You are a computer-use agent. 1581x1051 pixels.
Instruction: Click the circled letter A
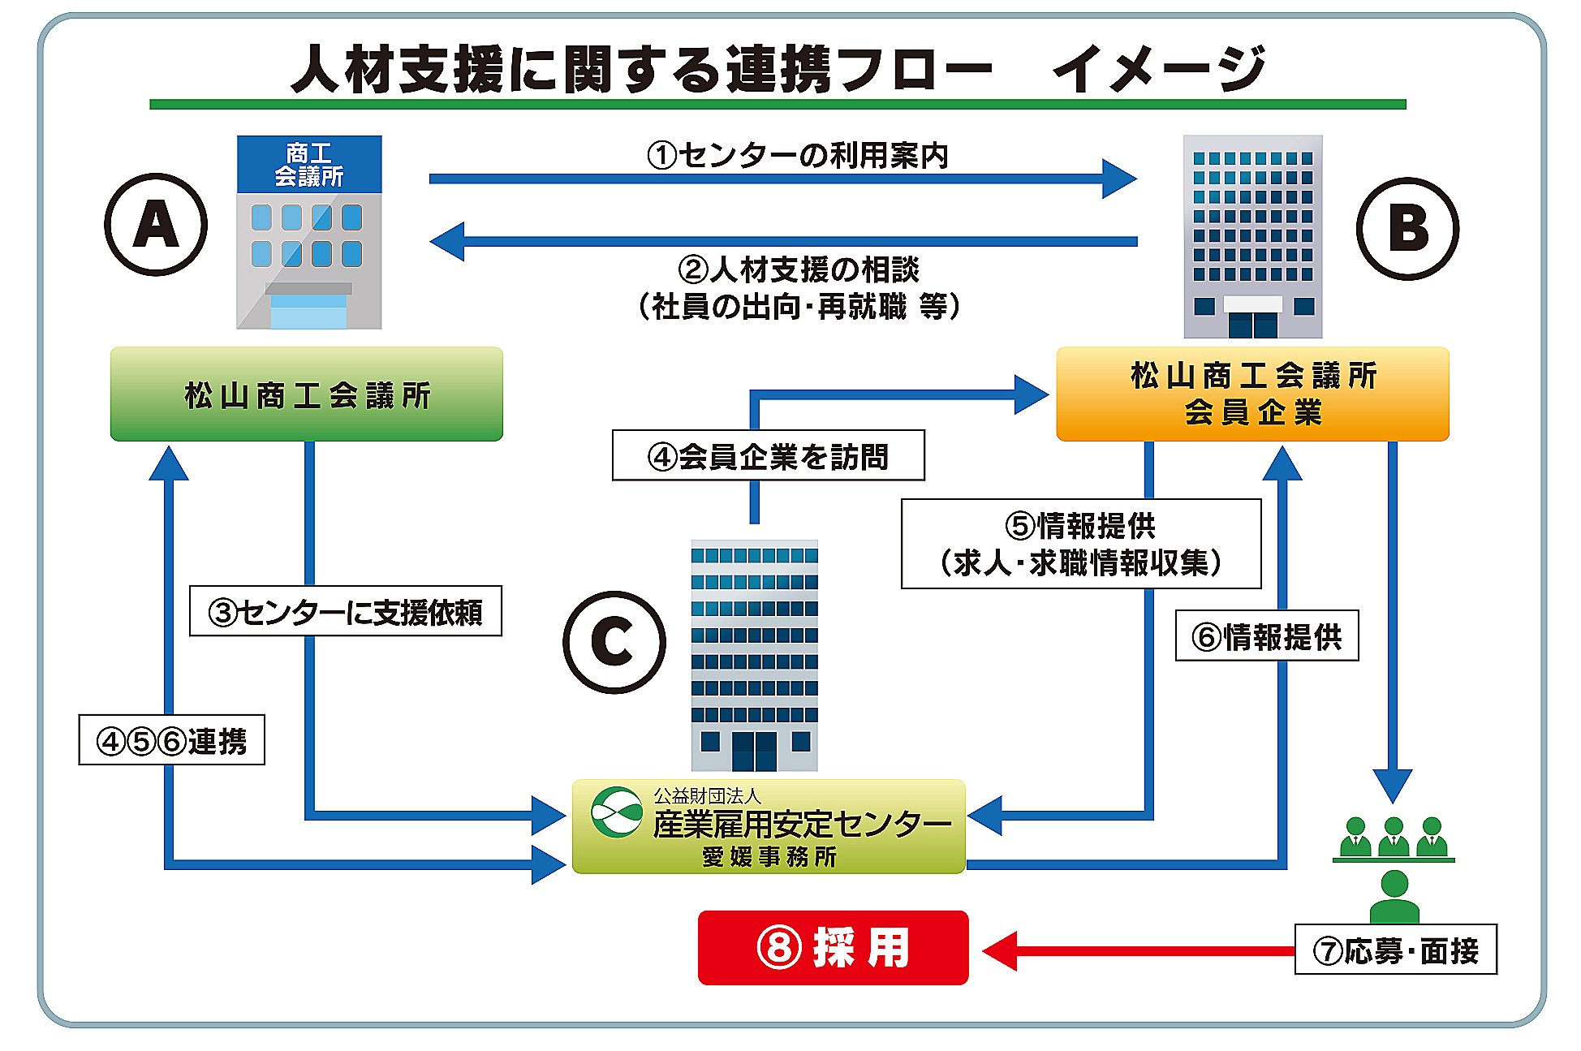click(x=156, y=225)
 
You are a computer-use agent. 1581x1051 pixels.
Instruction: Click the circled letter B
click(x=1407, y=228)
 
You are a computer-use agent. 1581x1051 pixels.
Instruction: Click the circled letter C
click(x=614, y=642)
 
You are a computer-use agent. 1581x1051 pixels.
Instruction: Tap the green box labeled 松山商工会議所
click(x=306, y=394)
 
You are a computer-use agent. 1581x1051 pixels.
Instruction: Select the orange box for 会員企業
click(x=1252, y=394)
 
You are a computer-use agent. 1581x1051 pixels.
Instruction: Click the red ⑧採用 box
click(x=833, y=947)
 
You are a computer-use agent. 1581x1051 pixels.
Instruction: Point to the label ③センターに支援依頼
click(x=346, y=611)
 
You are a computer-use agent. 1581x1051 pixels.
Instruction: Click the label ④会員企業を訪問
click(x=768, y=456)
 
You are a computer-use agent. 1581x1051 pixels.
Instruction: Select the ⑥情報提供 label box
click(x=1267, y=635)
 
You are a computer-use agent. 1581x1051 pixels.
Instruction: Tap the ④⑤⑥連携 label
click(x=172, y=740)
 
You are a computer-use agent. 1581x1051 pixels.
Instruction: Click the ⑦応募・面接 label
click(x=1395, y=950)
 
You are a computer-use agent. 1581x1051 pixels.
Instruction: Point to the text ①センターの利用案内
click(x=798, y=155)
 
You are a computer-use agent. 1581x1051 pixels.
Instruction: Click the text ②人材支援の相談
click(x=799, y=269)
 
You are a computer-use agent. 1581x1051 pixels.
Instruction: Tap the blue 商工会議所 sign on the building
click(x=308, y=164)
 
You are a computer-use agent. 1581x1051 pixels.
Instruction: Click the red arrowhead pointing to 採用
click(x=1000, y=950)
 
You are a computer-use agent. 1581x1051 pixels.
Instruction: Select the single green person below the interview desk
click(x=1394, y=896)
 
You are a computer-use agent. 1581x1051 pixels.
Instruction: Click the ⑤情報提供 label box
click(x=1081, y=543)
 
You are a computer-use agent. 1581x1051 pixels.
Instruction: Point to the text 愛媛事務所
click(x=769, y=856)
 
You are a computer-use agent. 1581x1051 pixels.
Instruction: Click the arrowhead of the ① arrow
click(x=1120, y=179)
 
